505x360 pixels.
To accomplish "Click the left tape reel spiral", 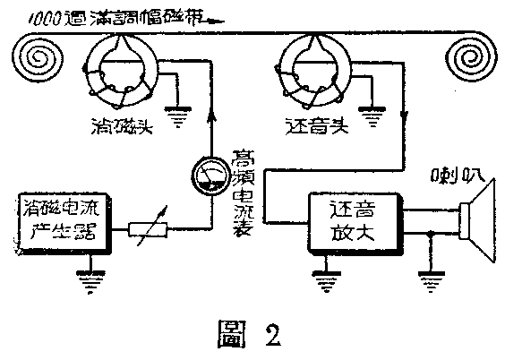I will coord(41,56).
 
